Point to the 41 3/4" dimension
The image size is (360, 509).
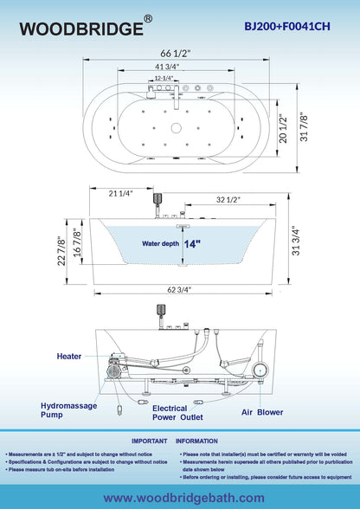pos(180,67)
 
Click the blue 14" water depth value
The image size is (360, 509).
pos(191,244)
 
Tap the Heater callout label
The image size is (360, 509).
pos(70,356)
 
